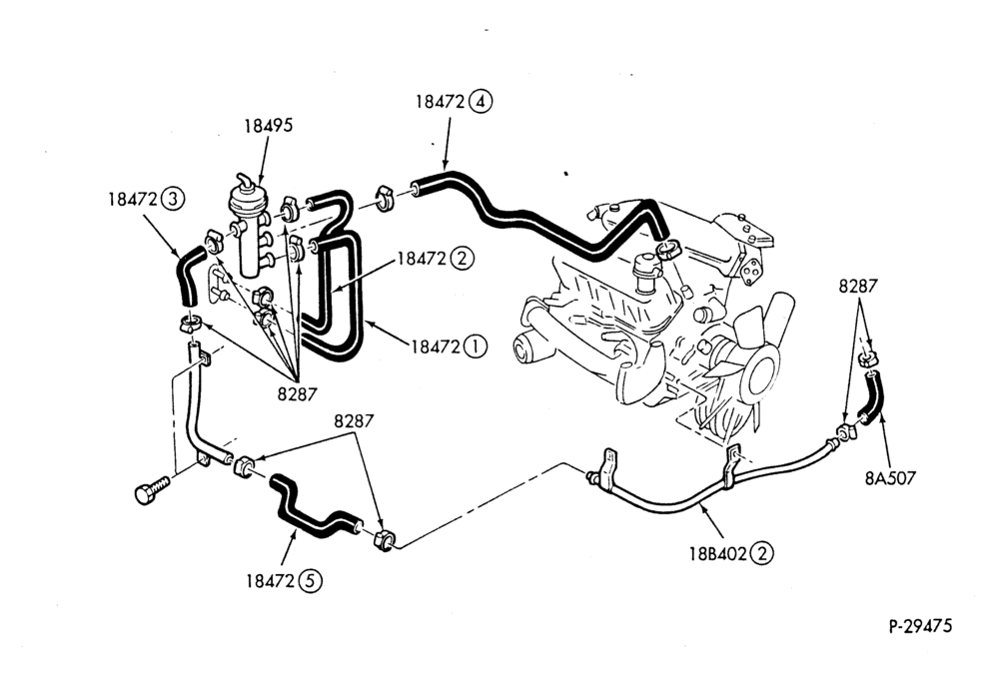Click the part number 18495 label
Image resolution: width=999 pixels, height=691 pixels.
tap(268, 126)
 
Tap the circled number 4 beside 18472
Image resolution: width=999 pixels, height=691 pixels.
tap(481, 101)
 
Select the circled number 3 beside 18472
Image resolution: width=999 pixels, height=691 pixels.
tap(172, 200)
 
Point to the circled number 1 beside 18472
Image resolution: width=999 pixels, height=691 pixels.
tap(475, 346)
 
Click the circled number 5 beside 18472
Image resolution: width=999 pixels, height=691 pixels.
tap(310, 580)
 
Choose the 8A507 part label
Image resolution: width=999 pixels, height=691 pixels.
tap(890, 477)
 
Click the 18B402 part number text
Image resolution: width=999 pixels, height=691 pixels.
tap(718, 553)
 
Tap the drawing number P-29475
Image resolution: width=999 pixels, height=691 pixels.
tap(921, 626)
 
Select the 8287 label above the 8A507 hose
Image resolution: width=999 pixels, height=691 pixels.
tap(858, 286)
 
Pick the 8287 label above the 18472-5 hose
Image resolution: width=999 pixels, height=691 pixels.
tap(354, 421)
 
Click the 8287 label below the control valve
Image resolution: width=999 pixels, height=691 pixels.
tap(297, 394)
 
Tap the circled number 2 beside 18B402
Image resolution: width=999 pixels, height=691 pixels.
tap(761, 553)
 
